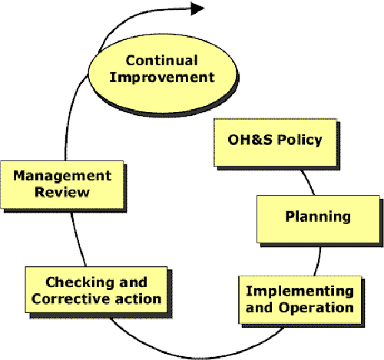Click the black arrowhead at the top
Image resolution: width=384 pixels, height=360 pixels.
tap(197, 8)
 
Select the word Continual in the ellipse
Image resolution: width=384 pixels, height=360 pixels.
tap(161, 61)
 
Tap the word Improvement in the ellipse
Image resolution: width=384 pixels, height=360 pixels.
tap(162, 78)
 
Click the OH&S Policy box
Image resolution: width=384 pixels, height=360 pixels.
tap(275, 143)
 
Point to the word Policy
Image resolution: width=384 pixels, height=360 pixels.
tap(300, 140)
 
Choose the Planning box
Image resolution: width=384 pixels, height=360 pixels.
tap(318, 219)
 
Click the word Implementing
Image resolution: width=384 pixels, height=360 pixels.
tap(300, 292)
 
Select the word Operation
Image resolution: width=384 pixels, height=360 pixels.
tap(316, 308)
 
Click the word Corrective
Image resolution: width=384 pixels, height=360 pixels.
tap(71, 299)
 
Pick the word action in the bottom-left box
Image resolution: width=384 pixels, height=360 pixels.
tap(138, 299)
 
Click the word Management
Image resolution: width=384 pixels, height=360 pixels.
tap(62, 176)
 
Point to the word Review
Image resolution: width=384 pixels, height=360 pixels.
tap(62, 192)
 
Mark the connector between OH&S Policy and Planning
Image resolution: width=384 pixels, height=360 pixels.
tap(309, 181)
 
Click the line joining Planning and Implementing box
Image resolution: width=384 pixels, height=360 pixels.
tap(318, 262)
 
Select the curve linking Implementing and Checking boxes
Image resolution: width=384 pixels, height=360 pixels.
tap(194, 358)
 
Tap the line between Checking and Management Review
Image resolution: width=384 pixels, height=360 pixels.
tap(77, 239)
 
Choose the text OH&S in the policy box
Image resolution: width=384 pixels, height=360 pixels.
tap(250, 140)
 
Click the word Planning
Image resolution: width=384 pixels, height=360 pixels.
tap(318, 217)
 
